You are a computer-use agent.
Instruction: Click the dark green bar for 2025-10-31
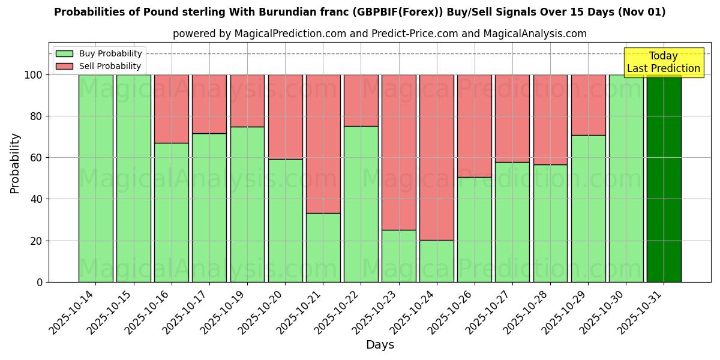click(x=664, y=178)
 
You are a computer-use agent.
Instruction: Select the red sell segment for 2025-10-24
click(x=437, y=157)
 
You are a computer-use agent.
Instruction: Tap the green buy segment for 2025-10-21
click(x=323, y=247)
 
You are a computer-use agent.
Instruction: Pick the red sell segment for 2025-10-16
click(x=171, y=109)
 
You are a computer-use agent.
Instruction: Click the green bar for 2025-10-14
click(x=95, y=178)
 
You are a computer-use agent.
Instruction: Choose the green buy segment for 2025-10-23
click(x=399, y=256)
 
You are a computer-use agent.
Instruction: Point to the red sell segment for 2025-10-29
click(x=588, y=105)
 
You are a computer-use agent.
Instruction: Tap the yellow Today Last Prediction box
click(x=663, y=62)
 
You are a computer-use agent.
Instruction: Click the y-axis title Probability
click(x=16, y=163)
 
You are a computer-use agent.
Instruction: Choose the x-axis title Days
click(x=380, y=345)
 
